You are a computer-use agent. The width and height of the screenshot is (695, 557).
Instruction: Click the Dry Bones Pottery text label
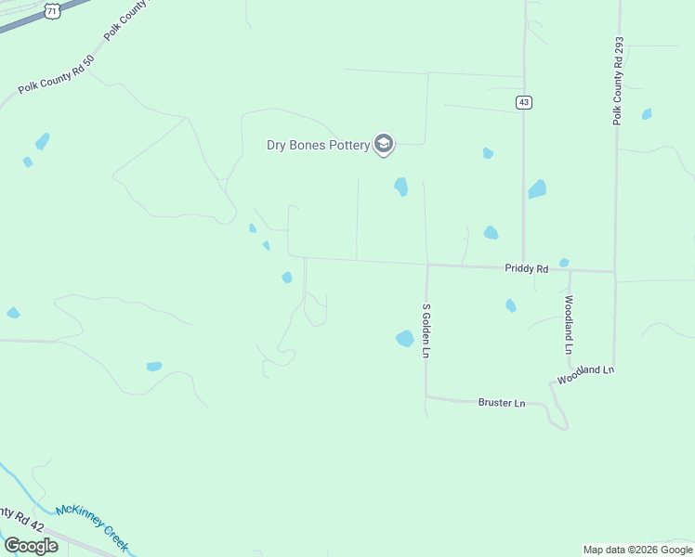318,145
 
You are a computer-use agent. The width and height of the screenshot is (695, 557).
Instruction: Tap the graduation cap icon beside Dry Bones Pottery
384,144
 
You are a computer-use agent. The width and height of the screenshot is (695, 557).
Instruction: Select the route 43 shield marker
525,102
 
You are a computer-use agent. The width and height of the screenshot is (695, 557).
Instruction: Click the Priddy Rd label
527,268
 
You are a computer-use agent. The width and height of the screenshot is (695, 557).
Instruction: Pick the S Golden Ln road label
426,330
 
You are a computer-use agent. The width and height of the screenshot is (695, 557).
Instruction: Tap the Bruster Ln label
502,403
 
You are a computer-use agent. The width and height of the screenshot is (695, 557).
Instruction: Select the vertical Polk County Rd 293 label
618,82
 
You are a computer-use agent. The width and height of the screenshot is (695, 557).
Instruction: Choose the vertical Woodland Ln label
569,325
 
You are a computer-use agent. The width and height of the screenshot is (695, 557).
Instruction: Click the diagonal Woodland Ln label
586,375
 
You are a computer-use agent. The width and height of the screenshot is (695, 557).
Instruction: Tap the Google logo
31,546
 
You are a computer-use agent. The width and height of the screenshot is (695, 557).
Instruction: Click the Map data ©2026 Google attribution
638,550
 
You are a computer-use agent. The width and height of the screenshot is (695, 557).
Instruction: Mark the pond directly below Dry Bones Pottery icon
401,187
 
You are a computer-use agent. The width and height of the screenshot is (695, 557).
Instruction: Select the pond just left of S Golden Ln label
405,339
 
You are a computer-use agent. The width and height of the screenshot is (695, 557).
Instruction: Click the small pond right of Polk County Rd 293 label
647,114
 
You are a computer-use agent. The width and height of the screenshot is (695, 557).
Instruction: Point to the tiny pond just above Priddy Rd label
564,263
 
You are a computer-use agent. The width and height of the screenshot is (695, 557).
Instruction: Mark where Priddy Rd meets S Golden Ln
427,265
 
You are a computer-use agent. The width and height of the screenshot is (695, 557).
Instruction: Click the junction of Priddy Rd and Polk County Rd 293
614,272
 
